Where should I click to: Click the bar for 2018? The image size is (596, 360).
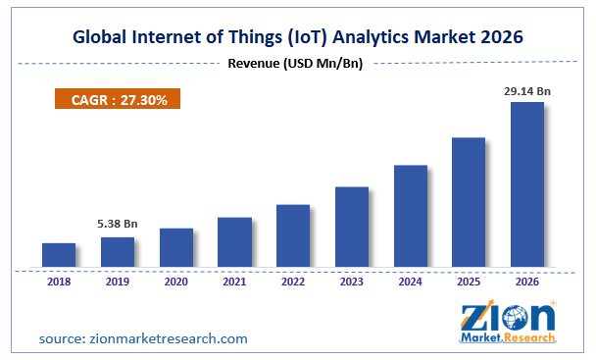59,254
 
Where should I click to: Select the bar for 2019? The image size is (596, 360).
118,251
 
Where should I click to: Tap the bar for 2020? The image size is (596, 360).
176,247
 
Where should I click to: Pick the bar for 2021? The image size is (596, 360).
234,241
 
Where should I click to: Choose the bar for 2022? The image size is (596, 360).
293,235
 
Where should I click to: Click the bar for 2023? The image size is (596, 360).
352,227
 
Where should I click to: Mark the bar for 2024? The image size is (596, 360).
410,216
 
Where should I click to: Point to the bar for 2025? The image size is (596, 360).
469,202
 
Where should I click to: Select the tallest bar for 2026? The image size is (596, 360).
527,183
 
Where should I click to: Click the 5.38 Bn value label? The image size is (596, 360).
118,224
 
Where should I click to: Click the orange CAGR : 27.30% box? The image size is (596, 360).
117,99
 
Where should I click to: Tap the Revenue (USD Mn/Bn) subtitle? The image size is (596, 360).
297,64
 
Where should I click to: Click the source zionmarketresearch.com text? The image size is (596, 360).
143,338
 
